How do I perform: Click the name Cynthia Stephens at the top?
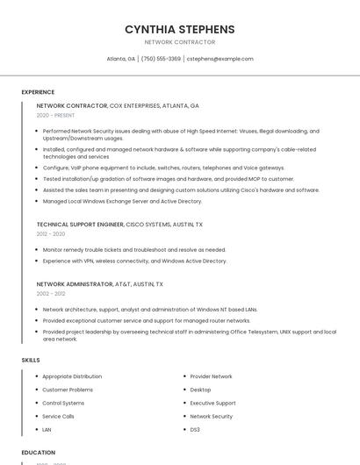coord(179,29)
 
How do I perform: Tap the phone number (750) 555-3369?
coord(161,59)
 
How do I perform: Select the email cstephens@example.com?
coord(220,59)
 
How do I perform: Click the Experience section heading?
coord(38,92)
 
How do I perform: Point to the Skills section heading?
coord(31,360)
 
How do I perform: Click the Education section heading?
coord(39,452)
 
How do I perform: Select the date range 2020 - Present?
coord(56,115)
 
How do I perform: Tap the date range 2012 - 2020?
coord(51,234)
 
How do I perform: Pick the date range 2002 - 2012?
coord(51,294)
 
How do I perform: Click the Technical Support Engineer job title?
coord(80,225)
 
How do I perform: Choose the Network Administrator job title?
coord(75,284)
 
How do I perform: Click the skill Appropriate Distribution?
coord(72,376)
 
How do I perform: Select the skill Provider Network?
coord(211,376)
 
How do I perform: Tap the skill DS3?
coord(195,430)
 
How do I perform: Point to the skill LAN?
coord(47,430)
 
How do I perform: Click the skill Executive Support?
coord(212,403)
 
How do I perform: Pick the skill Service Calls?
coord(58,416)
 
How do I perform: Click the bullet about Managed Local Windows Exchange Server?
coord(122,201)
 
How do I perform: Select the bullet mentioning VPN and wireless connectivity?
coord(134,261)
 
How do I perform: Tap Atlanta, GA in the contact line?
coord(120,59)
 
